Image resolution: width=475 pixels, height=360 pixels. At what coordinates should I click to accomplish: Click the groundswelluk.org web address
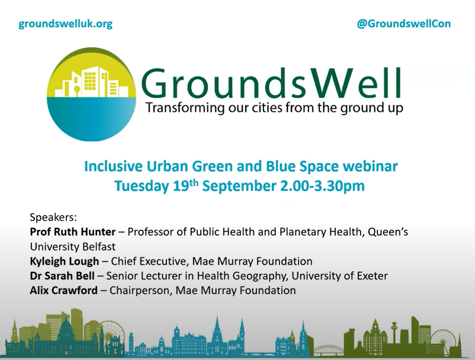(65, 24)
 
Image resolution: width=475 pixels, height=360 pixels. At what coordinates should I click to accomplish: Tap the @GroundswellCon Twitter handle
(404, 24)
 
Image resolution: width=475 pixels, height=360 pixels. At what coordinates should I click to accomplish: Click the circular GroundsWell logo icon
(91, 95)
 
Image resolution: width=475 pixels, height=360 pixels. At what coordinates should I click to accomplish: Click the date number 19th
(186, 185)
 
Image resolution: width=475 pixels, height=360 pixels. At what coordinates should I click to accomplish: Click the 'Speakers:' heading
(53, 217)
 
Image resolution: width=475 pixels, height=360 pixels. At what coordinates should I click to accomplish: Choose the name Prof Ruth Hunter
(73, 232)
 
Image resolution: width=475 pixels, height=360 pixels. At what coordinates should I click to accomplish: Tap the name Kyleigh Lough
(65, 261)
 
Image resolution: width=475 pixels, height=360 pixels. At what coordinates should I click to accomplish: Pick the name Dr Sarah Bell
(62, 275)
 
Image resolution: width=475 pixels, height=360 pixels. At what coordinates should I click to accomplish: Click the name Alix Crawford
(63, 290)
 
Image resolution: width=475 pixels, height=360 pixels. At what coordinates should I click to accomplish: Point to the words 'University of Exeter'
(339, 275)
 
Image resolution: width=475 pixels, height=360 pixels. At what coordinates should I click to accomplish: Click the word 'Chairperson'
(140, 290)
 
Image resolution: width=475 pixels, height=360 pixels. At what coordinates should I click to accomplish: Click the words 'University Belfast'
(73, 246)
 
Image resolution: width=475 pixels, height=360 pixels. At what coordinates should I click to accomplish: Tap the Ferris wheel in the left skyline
(113, 333)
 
